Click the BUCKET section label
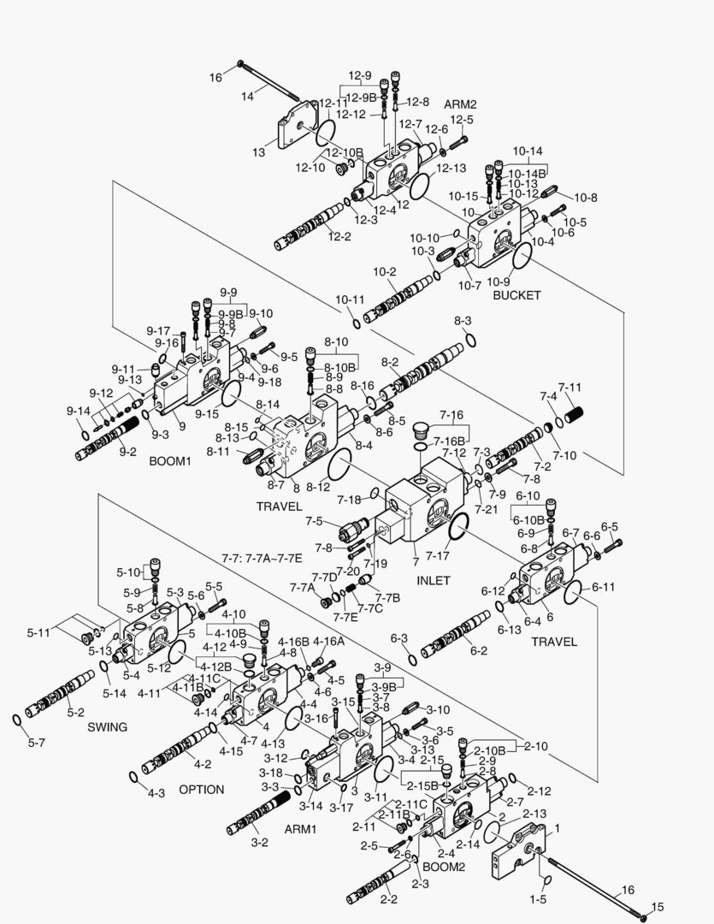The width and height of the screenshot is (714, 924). click(x=516, y=295)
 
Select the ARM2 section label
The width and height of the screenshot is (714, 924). click(x=459, y=104)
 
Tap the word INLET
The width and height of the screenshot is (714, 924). click(x=433, y=580)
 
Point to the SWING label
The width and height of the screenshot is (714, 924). click(x=107, y=727)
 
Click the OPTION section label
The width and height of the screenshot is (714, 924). click(x=201, y=789)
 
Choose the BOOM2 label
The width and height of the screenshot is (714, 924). click(x=443, y=866)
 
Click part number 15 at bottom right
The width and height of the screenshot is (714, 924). click(x=658, y=907)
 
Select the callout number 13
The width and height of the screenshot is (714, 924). click(x=258, y=151)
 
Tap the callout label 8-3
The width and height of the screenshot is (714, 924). click(x=463, y=320)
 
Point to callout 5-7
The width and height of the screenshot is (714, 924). click(x=35, y=743)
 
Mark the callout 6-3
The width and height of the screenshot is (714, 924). click(x=398, y=638)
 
